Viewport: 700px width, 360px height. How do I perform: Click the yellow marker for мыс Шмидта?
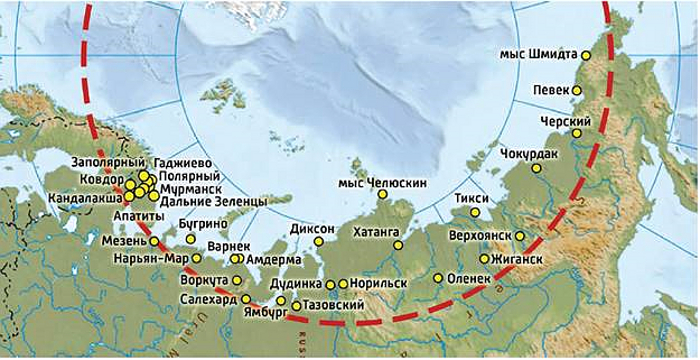pos(587,56)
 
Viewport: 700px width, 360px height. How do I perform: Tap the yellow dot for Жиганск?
pos(485,259)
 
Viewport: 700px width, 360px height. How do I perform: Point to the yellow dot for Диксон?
pos(319,241)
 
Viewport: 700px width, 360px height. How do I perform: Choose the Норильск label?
pos(377,284)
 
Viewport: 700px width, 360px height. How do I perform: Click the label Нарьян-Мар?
pos(151,258)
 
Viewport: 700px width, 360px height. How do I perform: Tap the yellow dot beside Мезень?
pos(153,241)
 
